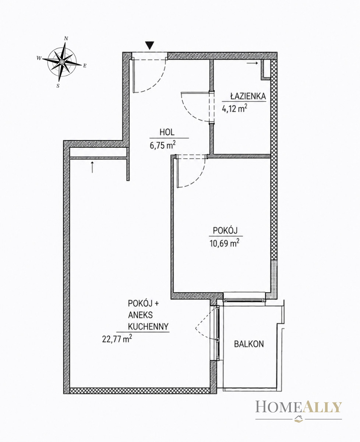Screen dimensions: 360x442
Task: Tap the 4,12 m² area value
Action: (234, 108)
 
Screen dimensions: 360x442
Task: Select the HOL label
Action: (167, 132)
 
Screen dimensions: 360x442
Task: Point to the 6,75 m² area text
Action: (163, 145)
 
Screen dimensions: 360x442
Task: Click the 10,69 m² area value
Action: (224, 243)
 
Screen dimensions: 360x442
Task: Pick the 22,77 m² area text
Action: (117, 339)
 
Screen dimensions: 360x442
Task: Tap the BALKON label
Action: (249, 344)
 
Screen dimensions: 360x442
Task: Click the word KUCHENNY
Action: (148, 327)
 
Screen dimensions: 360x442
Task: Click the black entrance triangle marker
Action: (149, 45)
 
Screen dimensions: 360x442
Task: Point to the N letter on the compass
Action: (66, 38)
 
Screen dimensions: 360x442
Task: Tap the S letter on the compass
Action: (58, 85)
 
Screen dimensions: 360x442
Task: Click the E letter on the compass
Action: (85, 66)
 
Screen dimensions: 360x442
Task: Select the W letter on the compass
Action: (39, 58)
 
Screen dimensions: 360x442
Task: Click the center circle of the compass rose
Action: (61, 62)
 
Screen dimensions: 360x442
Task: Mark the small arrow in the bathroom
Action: (253, 63)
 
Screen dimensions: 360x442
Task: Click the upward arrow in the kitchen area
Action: (92, 167)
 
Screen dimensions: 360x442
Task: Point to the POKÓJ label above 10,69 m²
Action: (225, 231)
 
